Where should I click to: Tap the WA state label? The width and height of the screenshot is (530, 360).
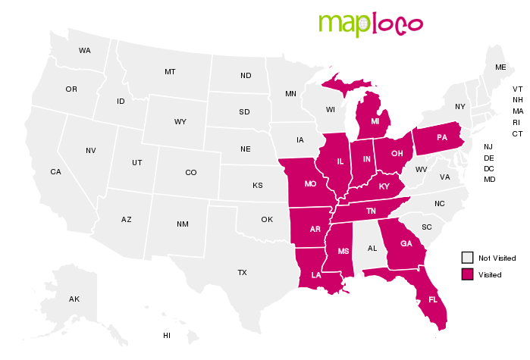[84, 51]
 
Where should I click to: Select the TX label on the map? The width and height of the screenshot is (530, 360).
[242, 272]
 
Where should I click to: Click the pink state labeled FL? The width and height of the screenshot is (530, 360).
[433, 299]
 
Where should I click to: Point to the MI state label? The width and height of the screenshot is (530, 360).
[375, 121]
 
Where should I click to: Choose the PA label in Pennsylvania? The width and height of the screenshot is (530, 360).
[442, 138]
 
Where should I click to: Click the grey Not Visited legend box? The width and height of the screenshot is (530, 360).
[468, 258]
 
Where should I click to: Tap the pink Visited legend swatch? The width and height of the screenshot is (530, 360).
[468, 274]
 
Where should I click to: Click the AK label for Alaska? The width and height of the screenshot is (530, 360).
[74, 299]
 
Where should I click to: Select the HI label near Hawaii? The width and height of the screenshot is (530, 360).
[167, 335]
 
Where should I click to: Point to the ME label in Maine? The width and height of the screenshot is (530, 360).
[500, 67]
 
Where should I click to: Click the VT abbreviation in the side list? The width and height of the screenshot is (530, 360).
[517, 89]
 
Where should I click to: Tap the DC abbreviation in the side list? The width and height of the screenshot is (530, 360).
[489, 168]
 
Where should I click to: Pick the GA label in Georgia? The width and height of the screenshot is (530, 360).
[406, 244]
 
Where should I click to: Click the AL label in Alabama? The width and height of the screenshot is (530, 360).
[372, 248]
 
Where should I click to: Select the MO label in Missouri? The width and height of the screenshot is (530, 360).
[310, 184]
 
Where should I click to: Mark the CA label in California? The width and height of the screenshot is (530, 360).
[55, 172]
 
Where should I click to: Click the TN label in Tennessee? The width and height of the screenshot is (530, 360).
[371, 211]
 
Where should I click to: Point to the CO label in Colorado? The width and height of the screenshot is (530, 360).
[190, 173]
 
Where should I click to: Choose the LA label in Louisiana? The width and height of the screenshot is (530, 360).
[315, 276]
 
